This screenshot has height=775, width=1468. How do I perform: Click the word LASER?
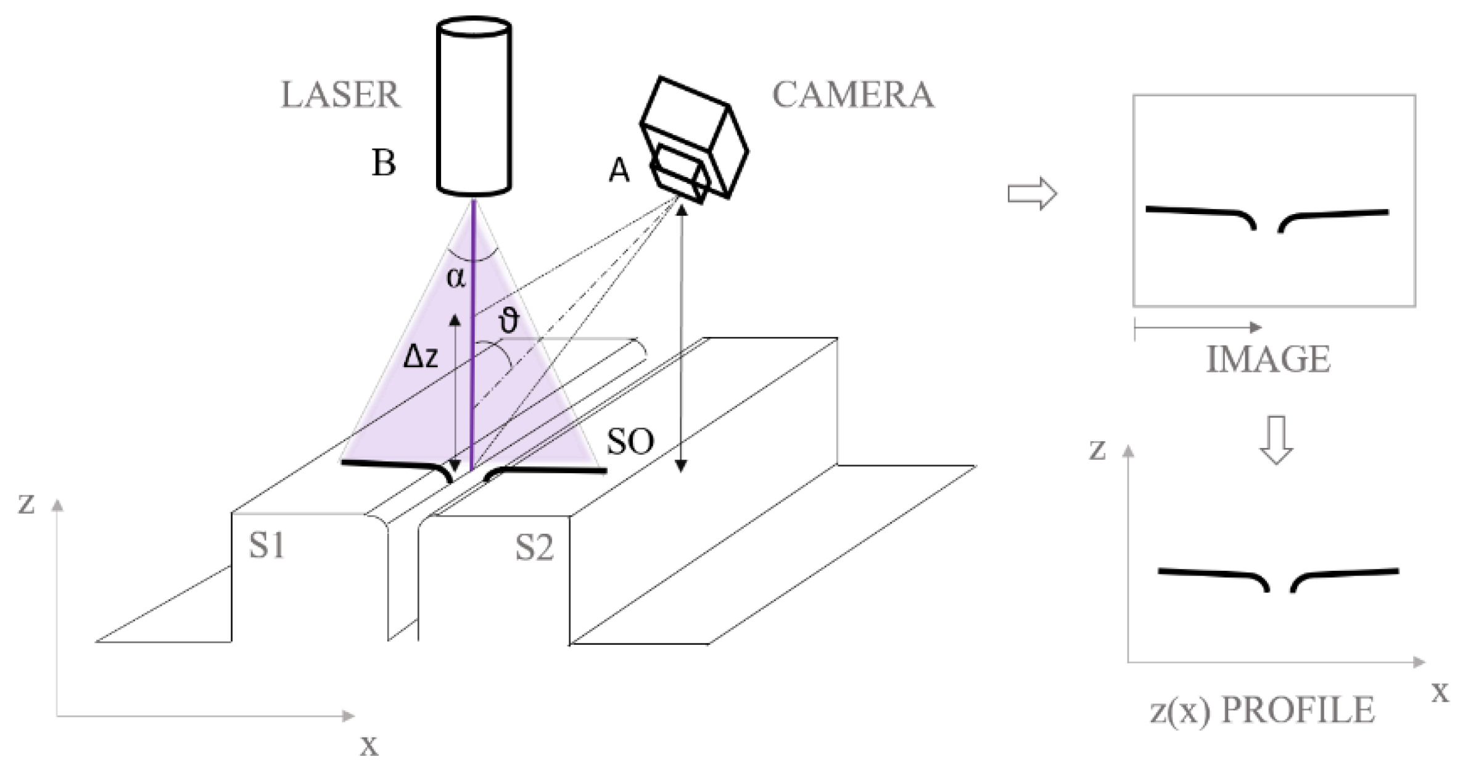pos(340,96)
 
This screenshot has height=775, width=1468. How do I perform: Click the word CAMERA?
pos(853,96)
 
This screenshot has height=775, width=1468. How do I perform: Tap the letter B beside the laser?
pos(384,164)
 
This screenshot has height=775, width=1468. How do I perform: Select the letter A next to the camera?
pos(619,171)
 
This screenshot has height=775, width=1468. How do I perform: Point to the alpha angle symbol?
pos(456,278)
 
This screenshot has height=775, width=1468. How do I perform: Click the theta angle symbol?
pos(508,321)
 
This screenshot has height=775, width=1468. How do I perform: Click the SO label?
pos(630,442)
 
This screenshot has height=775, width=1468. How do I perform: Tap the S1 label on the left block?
pos(266,546)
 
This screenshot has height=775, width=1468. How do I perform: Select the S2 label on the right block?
pos(534,548)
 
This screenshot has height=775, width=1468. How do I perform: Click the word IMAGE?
pos(1268,360)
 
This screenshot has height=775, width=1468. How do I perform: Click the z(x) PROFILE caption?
pos(1262,710)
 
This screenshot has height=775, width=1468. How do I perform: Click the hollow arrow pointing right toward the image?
pos(1032,194)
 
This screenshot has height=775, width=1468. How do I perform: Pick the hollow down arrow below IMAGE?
pos(1276,440)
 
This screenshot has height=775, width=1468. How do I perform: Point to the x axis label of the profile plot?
pos(1440,692)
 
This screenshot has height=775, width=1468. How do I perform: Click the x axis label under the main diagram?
pos(369,745)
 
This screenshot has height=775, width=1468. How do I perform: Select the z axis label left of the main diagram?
pos(25,504)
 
